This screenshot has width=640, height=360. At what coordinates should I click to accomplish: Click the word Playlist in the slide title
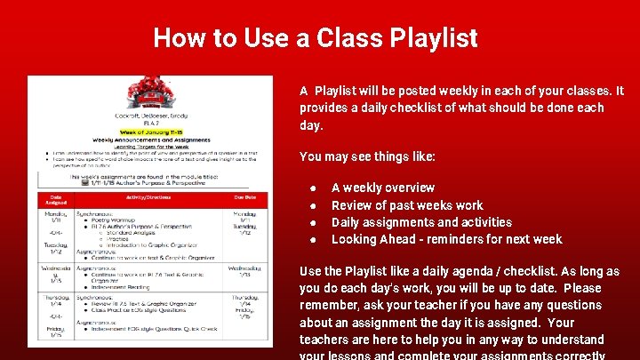[x=431, y=38]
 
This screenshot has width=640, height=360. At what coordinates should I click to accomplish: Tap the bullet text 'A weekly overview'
[x=383, y=188]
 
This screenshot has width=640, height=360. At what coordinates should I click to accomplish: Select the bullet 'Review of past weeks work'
[x=407, y=205]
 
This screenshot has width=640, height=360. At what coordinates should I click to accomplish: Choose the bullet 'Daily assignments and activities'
[x=421, y=222]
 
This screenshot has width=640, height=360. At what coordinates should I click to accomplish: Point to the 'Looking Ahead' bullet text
[x=446, y=239]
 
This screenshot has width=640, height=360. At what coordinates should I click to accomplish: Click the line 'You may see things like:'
[x=367, y=156]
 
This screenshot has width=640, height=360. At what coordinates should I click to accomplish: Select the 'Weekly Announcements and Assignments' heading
[x=149, y=140]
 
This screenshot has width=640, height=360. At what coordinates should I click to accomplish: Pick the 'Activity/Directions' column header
[x=148, y=198]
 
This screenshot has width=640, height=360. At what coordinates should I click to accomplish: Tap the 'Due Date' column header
[x=244, y=198]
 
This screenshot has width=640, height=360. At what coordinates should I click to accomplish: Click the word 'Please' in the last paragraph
[x=582, y=288]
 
